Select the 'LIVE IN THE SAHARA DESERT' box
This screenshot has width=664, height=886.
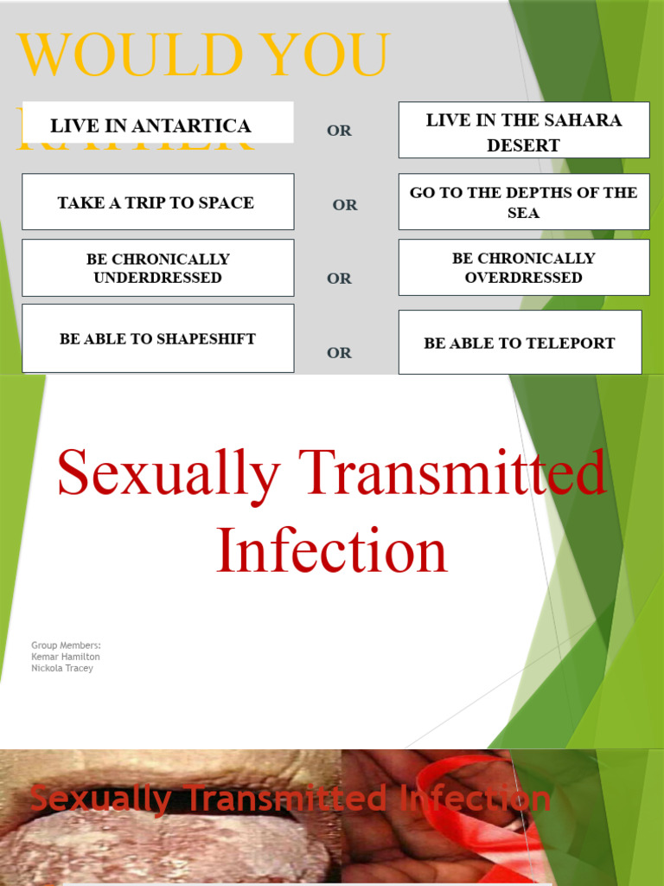pyautogui.click(x=523, y=131)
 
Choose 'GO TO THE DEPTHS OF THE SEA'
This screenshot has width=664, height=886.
pyautogui.click(x=523, y=202)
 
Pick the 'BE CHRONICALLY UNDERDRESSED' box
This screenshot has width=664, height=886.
pyautogui.click(x=157, y=268)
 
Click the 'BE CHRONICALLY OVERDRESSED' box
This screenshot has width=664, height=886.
pyautogui.click(x=523, y=268)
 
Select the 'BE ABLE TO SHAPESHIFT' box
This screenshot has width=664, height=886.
pyautogui.click(x=157, y=338)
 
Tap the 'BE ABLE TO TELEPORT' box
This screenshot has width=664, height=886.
pyautogui.click(x=519, y=343)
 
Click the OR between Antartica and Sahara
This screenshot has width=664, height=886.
pyautogui.click(x=339, y=131)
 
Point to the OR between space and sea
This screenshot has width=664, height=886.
pyautogui.click(x=344, y=205)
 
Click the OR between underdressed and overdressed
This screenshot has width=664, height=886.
pyautogui.click(x=339, y=279)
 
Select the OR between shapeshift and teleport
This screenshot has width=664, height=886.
pyautogui.click(x=339, y=353)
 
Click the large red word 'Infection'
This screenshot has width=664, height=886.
pyautogui.click(x=331, y=550)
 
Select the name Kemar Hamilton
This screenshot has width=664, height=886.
pyautogui.click(x=66, y=657)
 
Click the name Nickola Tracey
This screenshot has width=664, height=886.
pyautogui.click(x=62, y=668)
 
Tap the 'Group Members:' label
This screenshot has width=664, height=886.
pyautogui.click(x=66, y=645)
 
